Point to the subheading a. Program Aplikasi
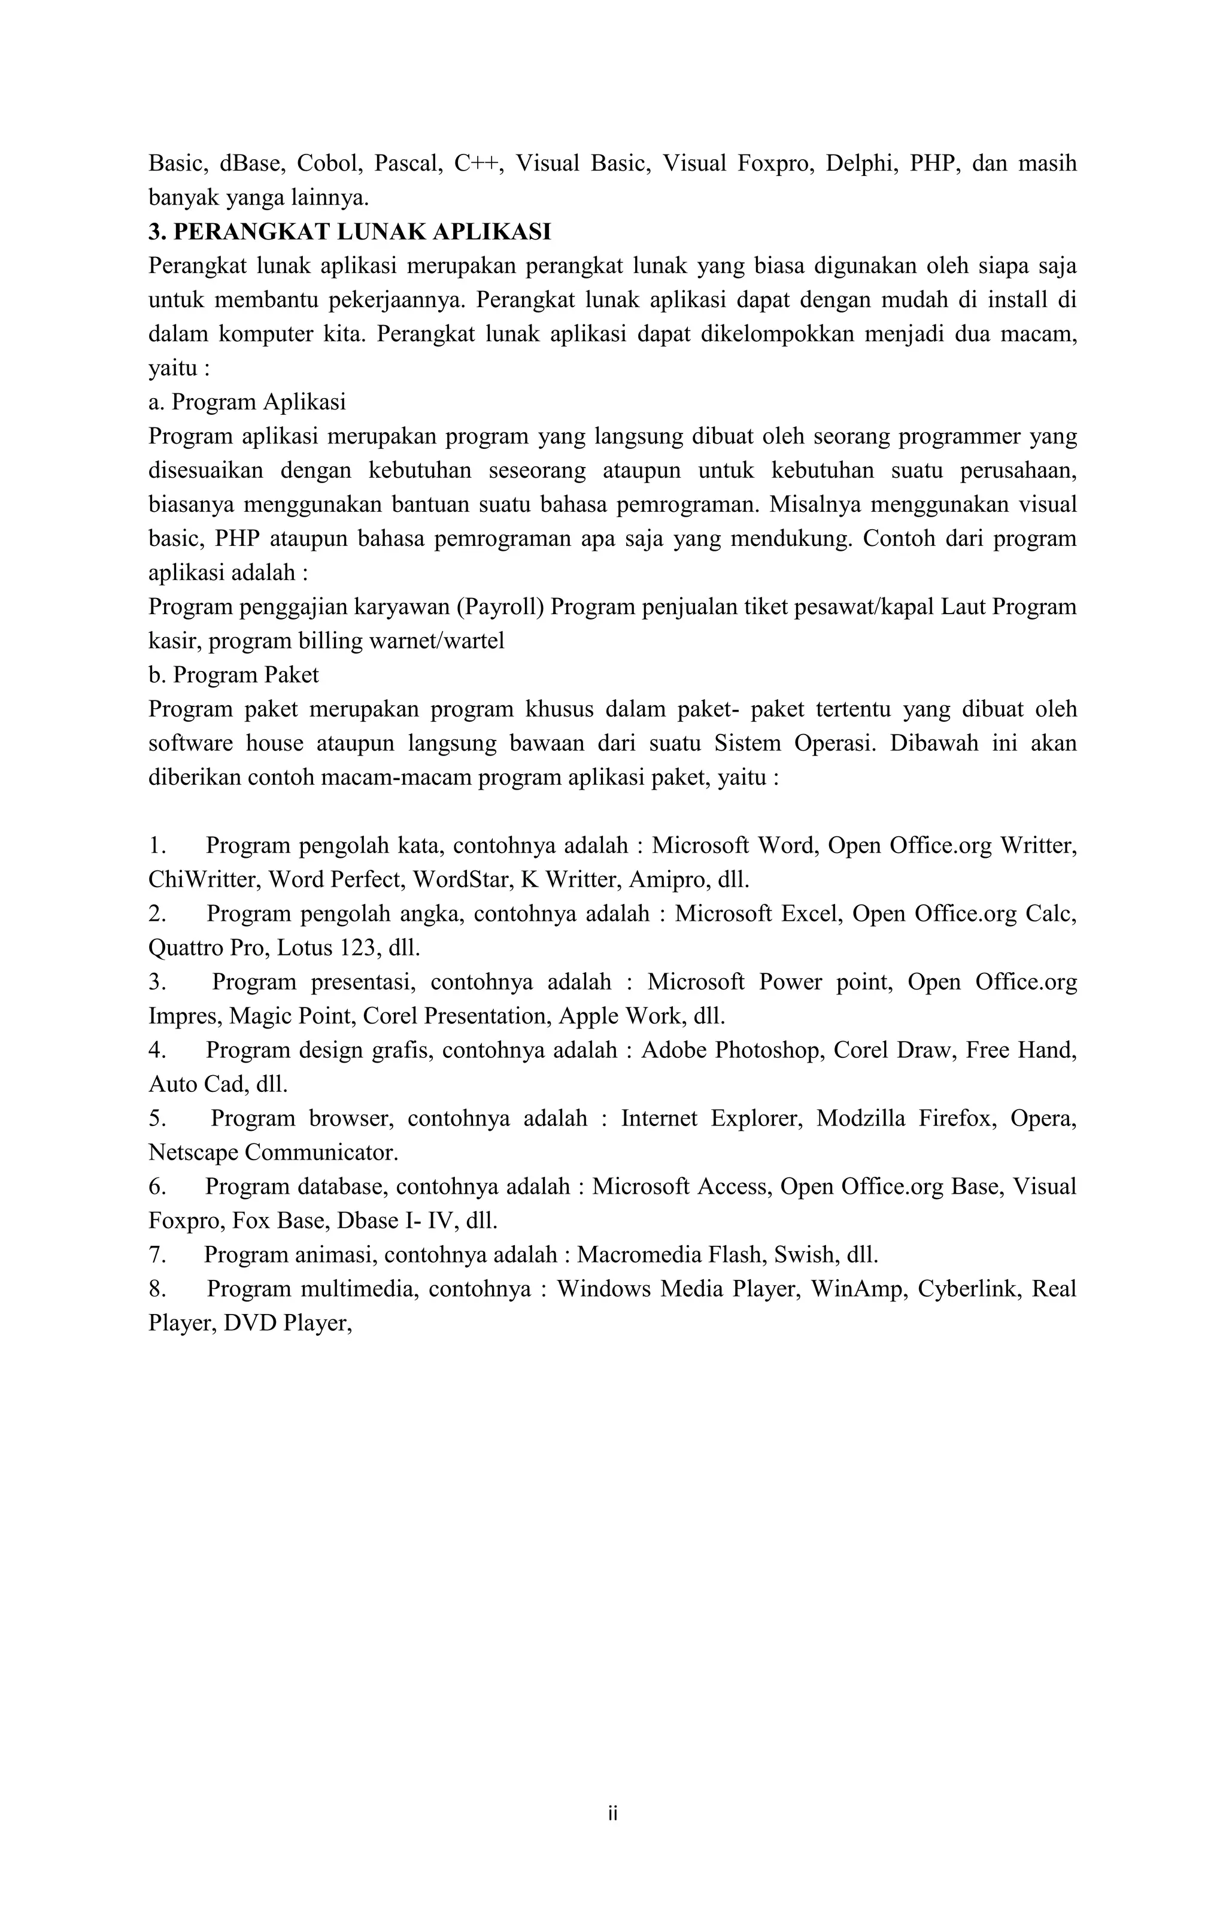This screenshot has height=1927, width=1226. [x=247, y=402]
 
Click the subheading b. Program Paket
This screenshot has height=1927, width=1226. [x=233, y=675]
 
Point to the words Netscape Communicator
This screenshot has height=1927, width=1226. [x=273, y=1153]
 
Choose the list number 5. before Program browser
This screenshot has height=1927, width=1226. [x=157, y=1119]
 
